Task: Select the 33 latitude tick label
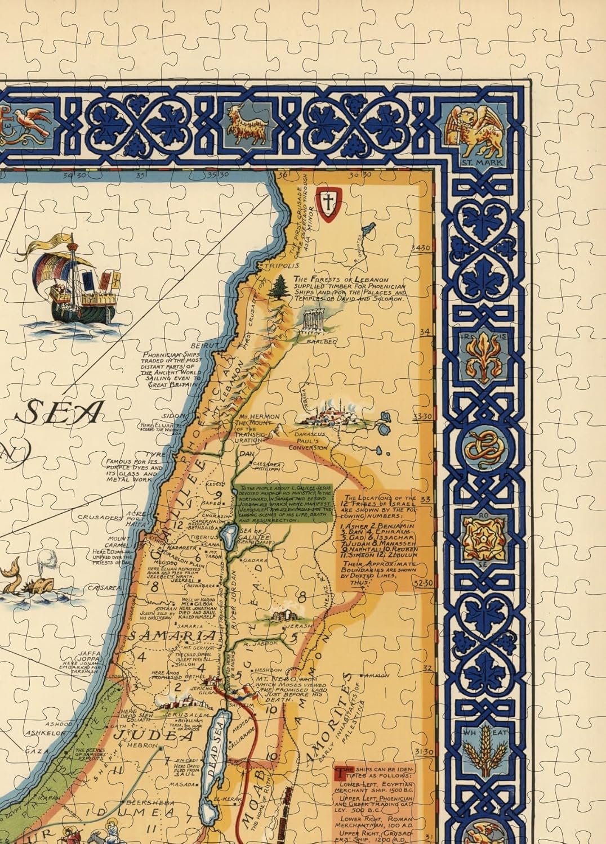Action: [425, 499]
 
